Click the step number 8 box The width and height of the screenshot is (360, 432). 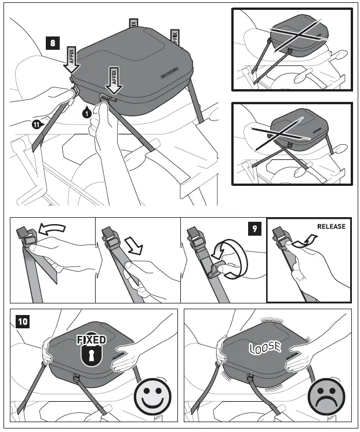(53, 43)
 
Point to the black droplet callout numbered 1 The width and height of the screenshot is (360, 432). (86, 112)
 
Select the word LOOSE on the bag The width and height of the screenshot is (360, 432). (265, 347)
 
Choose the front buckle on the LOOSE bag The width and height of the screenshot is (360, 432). (250, 380)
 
